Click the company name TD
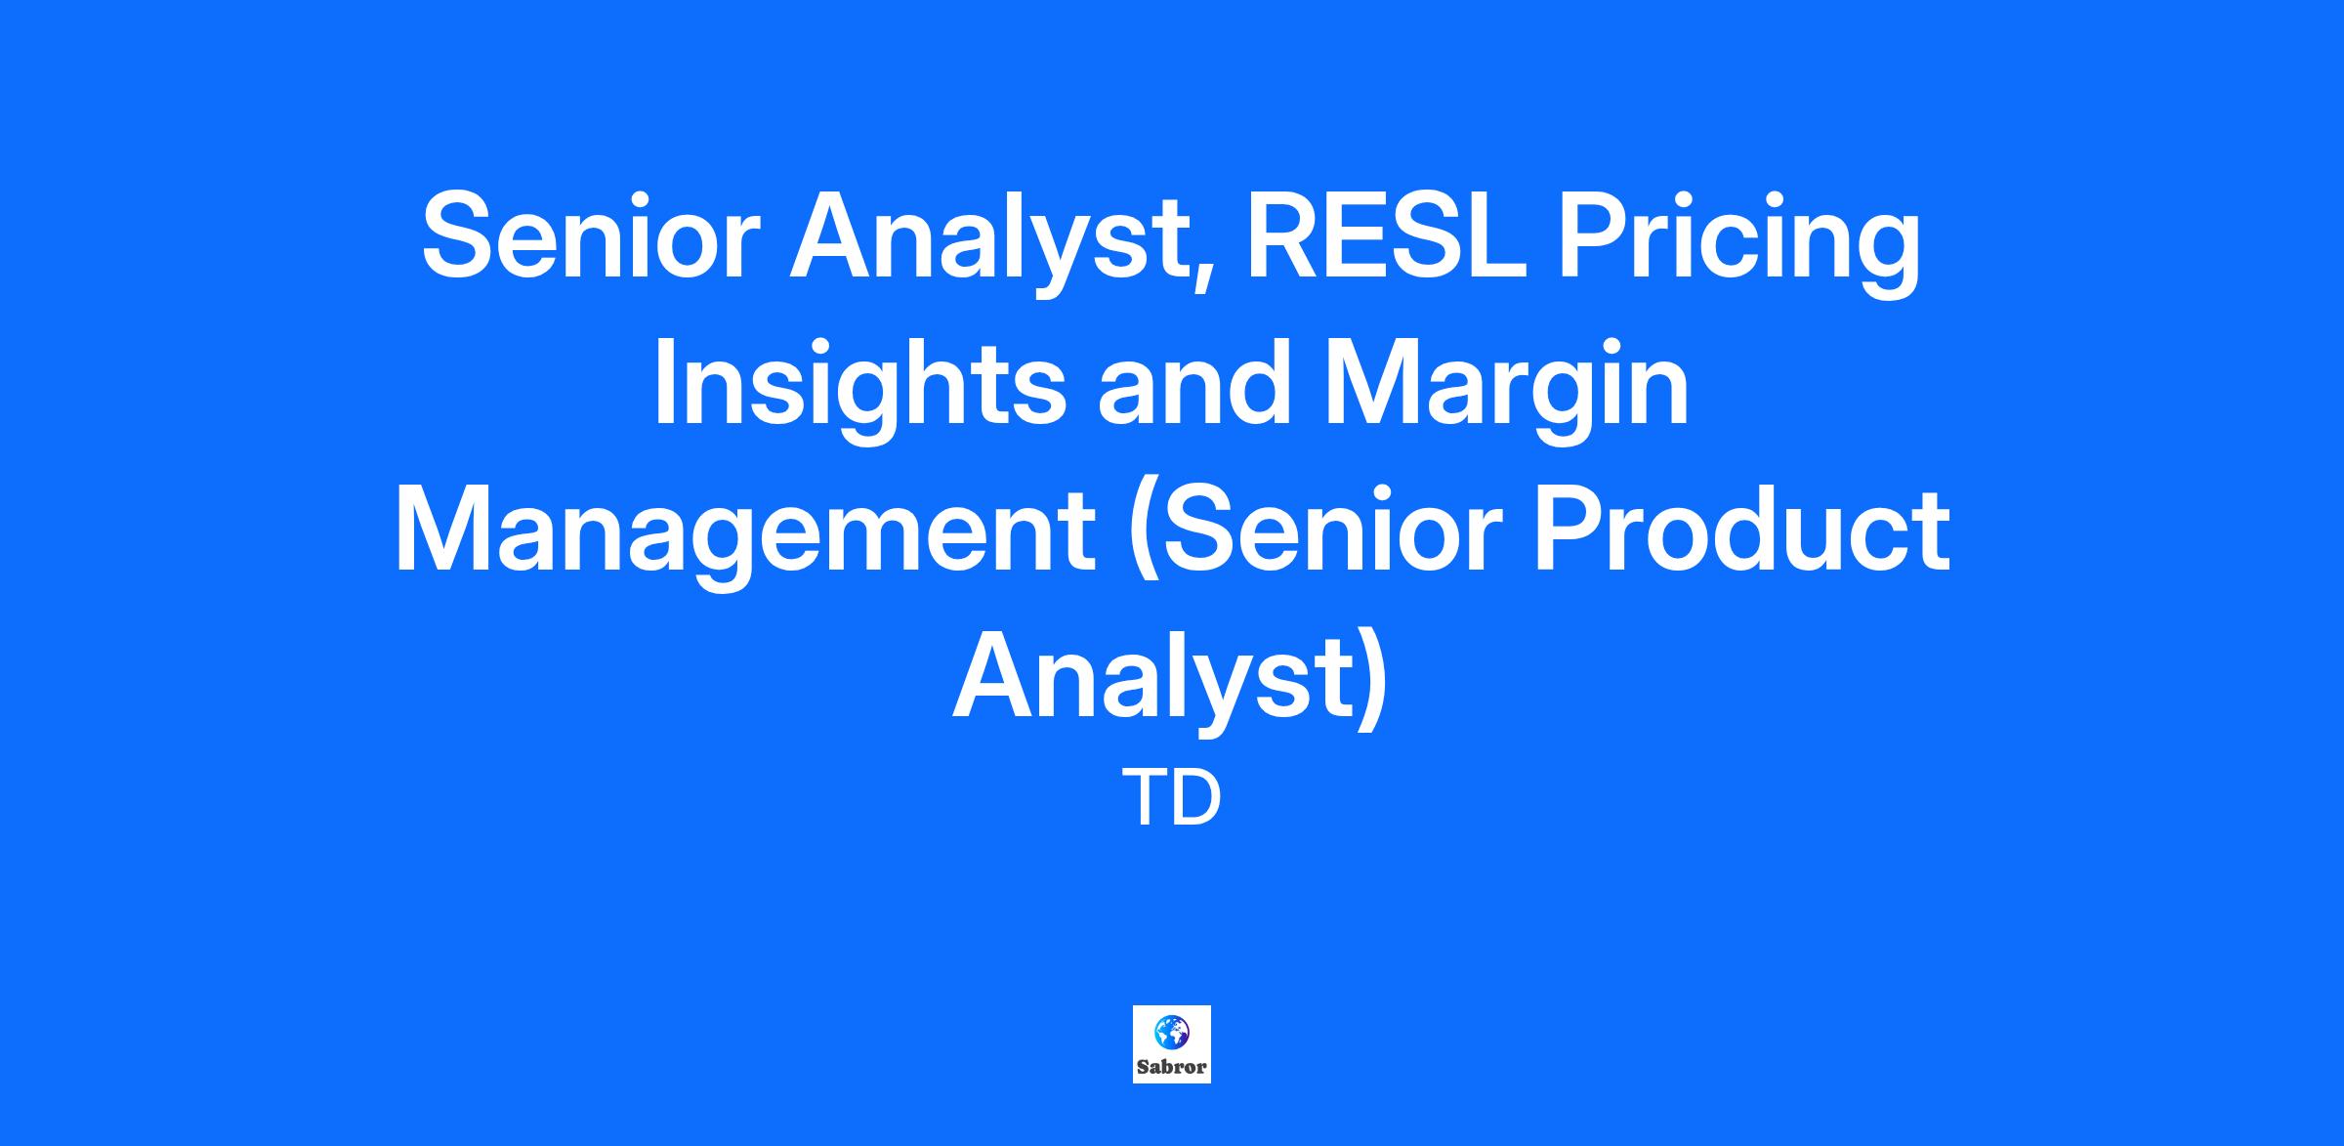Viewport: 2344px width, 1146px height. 1172,798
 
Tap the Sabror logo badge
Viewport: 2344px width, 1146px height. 1172,1044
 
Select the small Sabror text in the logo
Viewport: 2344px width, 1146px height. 1172,1067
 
